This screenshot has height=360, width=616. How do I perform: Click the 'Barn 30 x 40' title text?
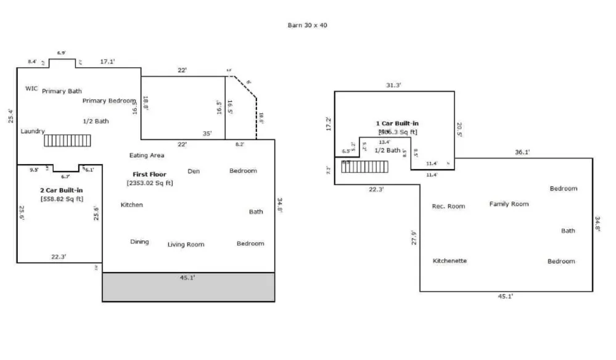tap(307, 25)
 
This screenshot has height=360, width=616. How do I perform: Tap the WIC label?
tap(31, 89)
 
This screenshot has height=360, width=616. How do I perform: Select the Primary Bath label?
tap(62, 91)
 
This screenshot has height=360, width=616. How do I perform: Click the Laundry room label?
tap(33, 131)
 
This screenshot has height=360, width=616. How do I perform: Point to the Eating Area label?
tap(147, 155)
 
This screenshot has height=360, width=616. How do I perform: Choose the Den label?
tap(194, 171)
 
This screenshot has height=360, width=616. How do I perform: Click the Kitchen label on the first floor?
tap(132, 205)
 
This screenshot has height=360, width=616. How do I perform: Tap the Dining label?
tap(139, 242)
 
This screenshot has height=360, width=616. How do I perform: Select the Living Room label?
tap(186, 245)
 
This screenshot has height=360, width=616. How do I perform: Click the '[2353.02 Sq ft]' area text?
tap(149, 183)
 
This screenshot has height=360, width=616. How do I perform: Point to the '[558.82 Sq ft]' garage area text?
tap(62, 198)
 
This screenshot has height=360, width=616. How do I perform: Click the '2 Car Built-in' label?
tap(62, 190)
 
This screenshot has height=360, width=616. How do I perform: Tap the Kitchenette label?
tap(450, 261)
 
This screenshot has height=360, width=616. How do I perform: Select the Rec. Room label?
tap(448, 207)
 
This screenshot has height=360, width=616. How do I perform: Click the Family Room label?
tap(509, 204)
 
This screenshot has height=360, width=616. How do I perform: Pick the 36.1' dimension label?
tap(522, 152)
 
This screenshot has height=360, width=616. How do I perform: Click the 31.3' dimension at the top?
tap(393, 85)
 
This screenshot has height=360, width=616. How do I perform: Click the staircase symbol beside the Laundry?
tap(67, 141)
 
